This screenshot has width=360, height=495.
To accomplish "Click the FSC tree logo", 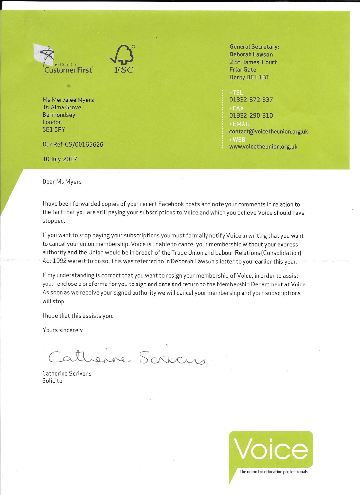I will point(123,59).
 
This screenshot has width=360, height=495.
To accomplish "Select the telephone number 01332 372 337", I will point(251,100).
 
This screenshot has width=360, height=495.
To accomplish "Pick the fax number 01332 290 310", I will point(251,115).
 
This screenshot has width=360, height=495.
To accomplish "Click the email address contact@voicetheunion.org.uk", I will point(268,131).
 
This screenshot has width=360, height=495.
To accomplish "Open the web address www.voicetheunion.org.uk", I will point(263,147).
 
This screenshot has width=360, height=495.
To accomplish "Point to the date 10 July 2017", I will point(60,159).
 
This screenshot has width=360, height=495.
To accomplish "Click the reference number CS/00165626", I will point(84,144).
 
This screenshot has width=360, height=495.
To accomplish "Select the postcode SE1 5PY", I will point(54,129).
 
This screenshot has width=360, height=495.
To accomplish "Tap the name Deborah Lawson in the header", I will point(251,54).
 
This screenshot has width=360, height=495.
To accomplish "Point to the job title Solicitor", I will point(53,381).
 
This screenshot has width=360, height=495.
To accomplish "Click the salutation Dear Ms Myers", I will point(62,182).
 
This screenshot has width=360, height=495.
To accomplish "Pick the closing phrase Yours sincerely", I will point(63,330).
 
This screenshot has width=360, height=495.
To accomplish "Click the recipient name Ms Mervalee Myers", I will point(68,100).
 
